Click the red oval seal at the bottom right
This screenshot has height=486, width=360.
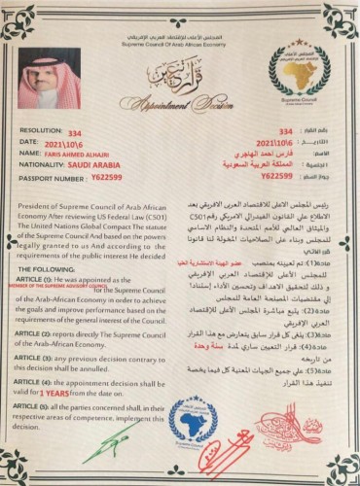click(x=278, y=429)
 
